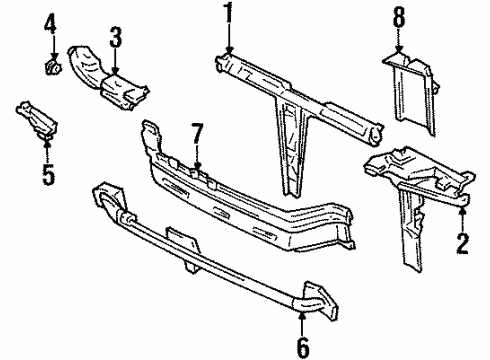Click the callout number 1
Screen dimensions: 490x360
coord(228,12)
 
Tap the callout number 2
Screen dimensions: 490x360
coord(463,244)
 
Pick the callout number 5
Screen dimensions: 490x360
coord(48,174)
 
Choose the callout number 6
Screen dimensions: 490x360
coord(303,347)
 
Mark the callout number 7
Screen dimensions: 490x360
coord(197,134)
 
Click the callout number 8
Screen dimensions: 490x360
coord(399,17)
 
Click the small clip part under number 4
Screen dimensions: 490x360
coord(53,67)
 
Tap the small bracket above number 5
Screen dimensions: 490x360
coord(37,119)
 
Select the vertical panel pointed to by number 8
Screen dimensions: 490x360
coord(412,93)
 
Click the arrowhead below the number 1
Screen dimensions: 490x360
coord(229,50)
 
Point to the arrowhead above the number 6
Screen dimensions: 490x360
coord(302,314)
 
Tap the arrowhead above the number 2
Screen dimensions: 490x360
coord(463,210)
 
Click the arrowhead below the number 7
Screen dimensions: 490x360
coord(197,166)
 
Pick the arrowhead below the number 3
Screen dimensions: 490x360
coord(115,71)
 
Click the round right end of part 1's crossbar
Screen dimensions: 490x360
coord(375,136)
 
